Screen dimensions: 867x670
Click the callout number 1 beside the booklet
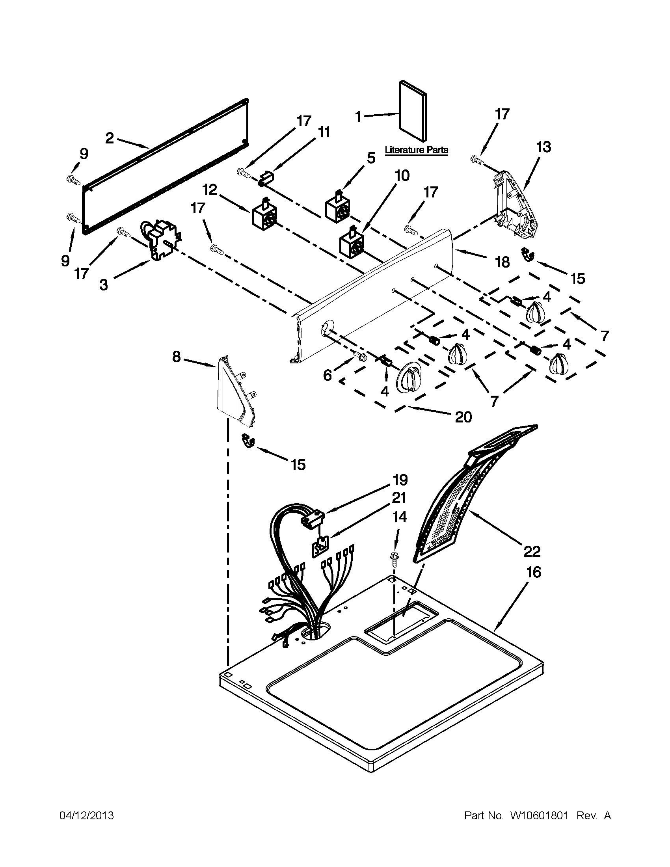tap(357, 117)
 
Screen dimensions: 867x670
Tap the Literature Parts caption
tap(416, 150)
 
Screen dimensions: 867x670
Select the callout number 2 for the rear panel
tap(110, 138)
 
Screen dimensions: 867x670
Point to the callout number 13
tap(544, 147)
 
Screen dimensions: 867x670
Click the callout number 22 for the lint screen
tap(532, 551)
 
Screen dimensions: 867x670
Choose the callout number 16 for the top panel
tap(534, 572)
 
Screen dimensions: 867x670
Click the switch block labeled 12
tap(264, 215)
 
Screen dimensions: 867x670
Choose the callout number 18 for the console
tap(502, 262)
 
